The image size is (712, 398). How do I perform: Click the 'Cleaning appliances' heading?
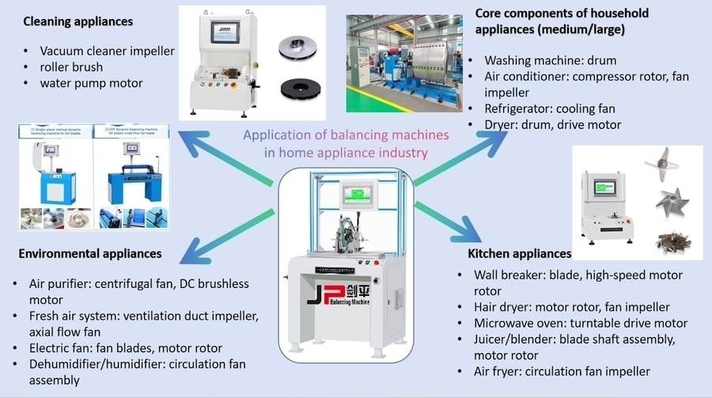click(x=78, y=21)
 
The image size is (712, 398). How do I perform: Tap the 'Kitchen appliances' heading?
click(x=519, y=253)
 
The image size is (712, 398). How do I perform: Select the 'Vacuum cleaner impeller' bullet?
click(x=107, y=51)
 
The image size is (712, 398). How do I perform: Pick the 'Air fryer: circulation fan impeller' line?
click(x=562, y=371)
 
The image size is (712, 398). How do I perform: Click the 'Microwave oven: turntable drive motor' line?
click(x=580, y=323)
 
